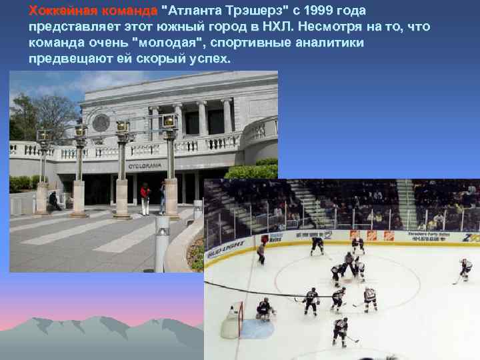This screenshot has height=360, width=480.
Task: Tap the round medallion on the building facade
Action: click(101, 123)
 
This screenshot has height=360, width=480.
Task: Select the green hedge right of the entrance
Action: click(254, 169)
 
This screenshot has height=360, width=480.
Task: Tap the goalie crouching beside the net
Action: click(265, 309)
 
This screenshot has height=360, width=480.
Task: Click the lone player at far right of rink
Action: click(465, 270)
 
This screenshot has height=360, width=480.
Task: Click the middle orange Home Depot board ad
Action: click(371, 235)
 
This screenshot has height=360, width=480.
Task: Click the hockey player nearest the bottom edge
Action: click(341, 331)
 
